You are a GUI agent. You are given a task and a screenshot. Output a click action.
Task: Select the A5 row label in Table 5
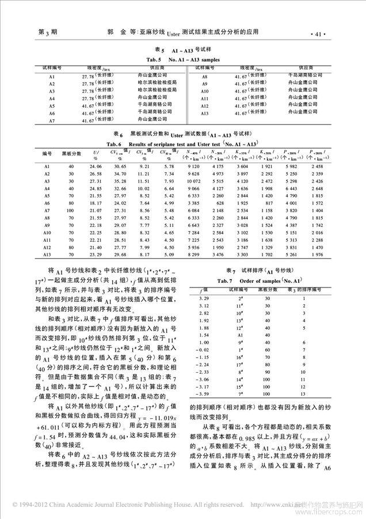[x=51, y=106]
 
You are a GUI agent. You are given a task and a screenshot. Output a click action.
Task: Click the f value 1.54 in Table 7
[x=203, y=334]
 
